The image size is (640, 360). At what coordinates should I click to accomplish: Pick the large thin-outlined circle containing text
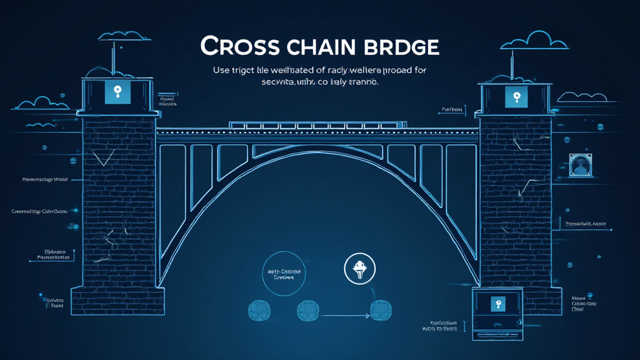pos(284,273)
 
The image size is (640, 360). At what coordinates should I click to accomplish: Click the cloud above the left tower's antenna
pos(114,36)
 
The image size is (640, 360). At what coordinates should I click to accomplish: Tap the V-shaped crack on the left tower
pos(101,156)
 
